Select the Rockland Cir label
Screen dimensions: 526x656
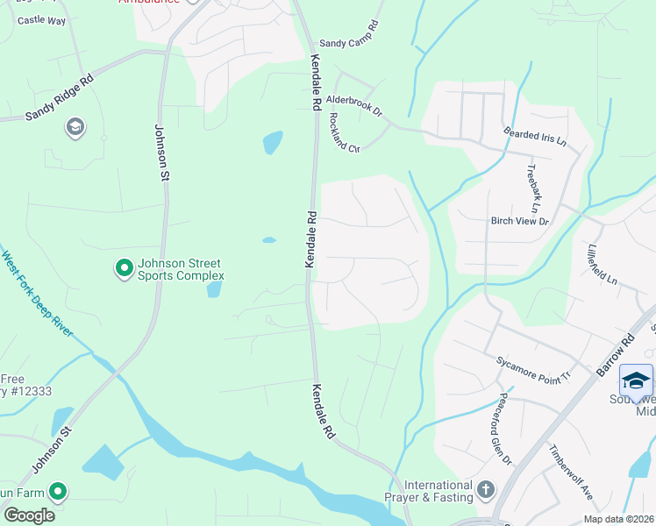tap(345, 133)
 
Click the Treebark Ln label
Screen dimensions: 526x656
tap(531, 188)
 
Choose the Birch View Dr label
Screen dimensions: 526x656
tap(519, 222)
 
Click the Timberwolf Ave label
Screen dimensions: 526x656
tap(571, 473)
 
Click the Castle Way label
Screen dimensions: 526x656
tap(41, 19)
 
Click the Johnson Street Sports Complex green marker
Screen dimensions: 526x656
tap(125, 267)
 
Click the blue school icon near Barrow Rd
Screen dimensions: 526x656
tap(636, 380)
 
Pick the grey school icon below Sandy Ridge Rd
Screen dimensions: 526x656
tap(75, 128)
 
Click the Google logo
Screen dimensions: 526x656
tap(29, 515)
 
